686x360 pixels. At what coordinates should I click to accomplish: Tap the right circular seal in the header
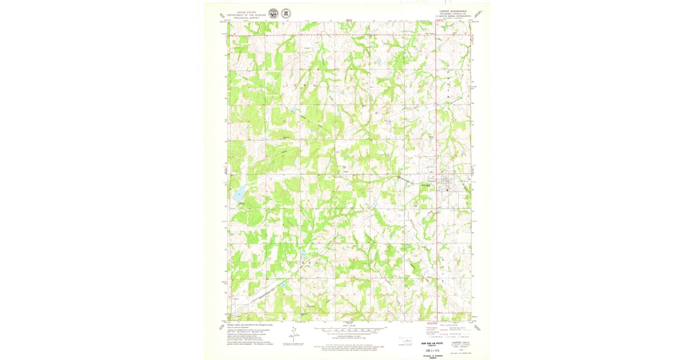[285, 13]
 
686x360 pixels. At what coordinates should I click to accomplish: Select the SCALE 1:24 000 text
[348, 326]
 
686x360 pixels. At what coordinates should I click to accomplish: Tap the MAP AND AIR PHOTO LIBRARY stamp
[432, 344]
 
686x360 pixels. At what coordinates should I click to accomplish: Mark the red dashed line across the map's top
[343, 35]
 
